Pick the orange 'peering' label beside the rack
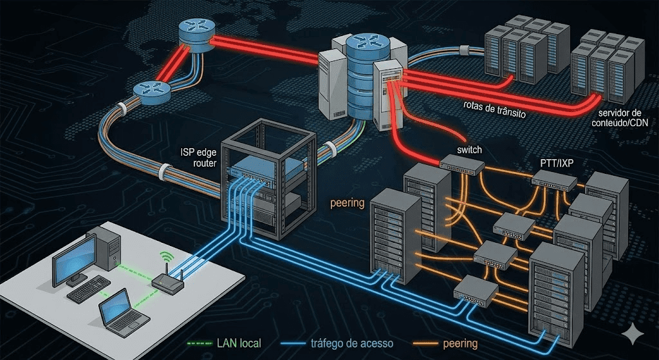348,203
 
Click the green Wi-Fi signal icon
166,256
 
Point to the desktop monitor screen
73,258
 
